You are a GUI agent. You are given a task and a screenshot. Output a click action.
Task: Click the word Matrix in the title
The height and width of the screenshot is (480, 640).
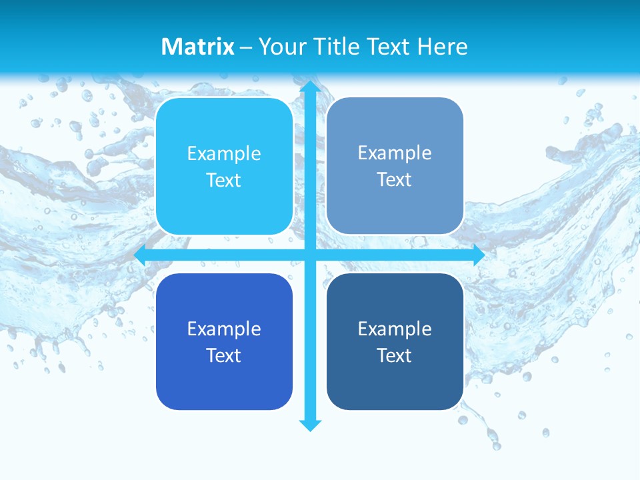[198, 47]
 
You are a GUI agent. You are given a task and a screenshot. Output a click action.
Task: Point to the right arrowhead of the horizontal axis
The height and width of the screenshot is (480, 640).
[478, 255]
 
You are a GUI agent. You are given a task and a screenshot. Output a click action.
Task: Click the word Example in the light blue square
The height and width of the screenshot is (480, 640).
[224, 154]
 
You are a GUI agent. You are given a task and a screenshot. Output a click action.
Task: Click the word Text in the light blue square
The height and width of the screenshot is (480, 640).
[224, 181]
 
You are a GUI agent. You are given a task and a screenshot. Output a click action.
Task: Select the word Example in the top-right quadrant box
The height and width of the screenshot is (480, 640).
[395, 153]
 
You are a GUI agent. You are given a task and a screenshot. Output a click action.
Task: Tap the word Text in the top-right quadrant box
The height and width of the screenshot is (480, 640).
[395, 180]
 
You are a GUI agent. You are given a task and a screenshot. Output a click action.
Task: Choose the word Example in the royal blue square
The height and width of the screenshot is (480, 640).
[224, 329]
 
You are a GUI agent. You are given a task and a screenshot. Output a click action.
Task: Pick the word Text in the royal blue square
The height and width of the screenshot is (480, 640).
[224, 355]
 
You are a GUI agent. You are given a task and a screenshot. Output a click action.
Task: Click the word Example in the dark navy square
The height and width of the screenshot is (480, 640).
[395, 329]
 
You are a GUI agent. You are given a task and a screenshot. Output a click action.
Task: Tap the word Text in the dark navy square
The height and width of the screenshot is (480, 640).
[395, 355]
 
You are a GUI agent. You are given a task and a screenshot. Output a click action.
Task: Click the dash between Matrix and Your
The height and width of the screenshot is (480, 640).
[246, 47]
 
